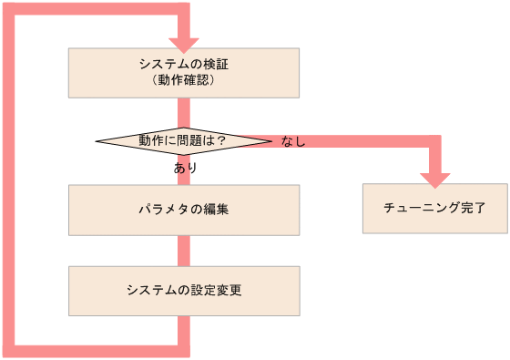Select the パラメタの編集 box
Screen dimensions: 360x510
[x=184, y=210]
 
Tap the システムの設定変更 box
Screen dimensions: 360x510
[x=184, y=291]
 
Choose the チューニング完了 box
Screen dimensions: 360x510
[x=434, y=209]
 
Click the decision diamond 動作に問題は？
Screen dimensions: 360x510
[x=183, y=140]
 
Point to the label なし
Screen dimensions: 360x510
[x=293, y=141]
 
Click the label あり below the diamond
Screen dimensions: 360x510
[x=185, y=169]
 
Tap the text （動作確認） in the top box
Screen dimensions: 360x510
[x=184, y=80]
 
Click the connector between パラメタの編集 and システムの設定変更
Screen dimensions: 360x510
[x=184, y=251]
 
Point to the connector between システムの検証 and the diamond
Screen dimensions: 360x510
[x=184, y=112]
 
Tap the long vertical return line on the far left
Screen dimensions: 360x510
[x=9, y=182]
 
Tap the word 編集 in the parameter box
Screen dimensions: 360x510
[x=216, y=210]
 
